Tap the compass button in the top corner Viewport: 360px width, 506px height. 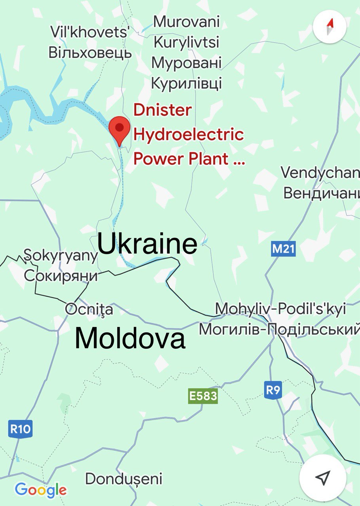tap(330, 27)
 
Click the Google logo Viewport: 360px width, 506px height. tap(41, 490)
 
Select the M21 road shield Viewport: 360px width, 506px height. tap(284, 249)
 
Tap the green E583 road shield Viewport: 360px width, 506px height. tap(203, 396)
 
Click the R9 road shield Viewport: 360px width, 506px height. tap(273, 390)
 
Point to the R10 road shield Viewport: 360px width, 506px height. tap(20, 429)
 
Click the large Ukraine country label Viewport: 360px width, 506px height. tap(147, 244)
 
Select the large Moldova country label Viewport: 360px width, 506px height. tap(130, 338)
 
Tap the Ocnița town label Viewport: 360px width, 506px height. tap(89, 309)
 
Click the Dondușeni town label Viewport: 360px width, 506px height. tap(124, 479)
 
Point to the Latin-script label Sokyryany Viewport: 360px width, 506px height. tap(61, 256)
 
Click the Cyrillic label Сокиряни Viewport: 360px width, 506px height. tap(61, 276)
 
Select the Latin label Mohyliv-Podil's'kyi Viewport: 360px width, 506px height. tap(280, 308)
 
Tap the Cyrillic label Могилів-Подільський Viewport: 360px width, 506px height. tap(279, 329)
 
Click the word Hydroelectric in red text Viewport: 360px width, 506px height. tap(188, 134)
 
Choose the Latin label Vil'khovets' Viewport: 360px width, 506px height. tap(90, 32)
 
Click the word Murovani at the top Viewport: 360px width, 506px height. tap(186, 21)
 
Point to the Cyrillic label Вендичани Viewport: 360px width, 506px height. tap(321, 194)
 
